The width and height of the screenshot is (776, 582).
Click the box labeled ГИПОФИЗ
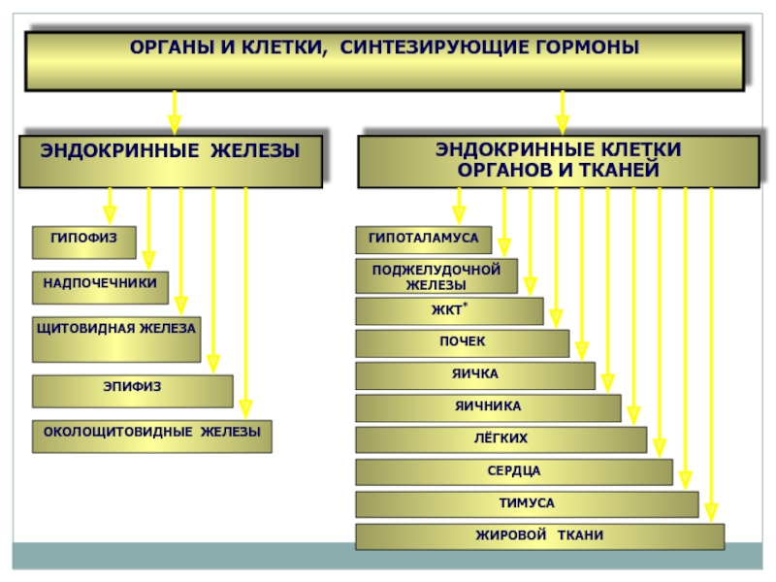coord(84,242)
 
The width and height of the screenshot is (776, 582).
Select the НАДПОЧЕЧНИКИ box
coord(101,287)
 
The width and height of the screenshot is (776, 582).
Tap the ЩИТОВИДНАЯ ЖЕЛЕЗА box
coord(116,339)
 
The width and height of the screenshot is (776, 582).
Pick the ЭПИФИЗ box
coord(133,392)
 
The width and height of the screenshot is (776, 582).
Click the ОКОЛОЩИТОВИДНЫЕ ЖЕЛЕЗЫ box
coord(152,436)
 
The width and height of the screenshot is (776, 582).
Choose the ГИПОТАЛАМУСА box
coord(424,240)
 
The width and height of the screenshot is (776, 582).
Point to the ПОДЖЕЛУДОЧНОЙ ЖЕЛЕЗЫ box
coord(436,276)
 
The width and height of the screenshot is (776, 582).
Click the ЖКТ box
coord(449,311)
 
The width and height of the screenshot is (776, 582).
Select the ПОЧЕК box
coord(463,343)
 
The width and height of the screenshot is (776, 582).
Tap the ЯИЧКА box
coord(475,375)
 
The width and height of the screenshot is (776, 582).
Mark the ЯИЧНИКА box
coord(488,408)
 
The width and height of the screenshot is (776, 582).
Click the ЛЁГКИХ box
coord(501,440)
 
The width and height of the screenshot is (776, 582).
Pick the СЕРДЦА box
coord(514,472)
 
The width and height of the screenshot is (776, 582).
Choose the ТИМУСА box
coord(527,504)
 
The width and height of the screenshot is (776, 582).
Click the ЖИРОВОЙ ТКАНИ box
coord(540,537)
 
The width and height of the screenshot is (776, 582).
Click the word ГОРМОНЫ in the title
coord(587,48)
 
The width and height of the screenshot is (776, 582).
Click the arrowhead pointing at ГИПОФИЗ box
coord(110,215)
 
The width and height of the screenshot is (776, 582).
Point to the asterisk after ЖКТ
coord(466,305)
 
